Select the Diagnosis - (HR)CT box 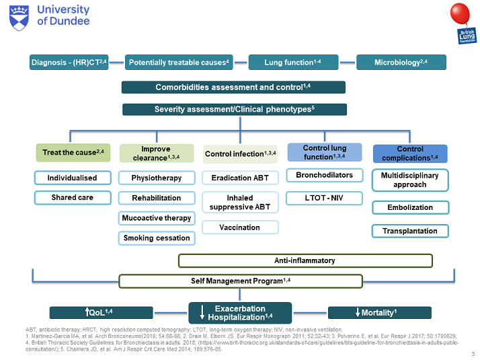pos(74,63)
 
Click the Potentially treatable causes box pos(179,63)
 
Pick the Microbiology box pos(401,63)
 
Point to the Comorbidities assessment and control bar pos(233,87)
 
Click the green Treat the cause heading pos(73,153)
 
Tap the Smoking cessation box pos(157,238)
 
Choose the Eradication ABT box pos(240,178)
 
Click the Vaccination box pos(240,227)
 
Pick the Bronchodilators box pos(324,176)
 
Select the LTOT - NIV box pos(324,198)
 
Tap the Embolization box pos(410,207)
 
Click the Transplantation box pos(410,231)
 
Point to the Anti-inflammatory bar pos(305,260)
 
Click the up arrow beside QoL pos(88,312)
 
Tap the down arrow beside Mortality pos(357,312)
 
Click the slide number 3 pos(473,353)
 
